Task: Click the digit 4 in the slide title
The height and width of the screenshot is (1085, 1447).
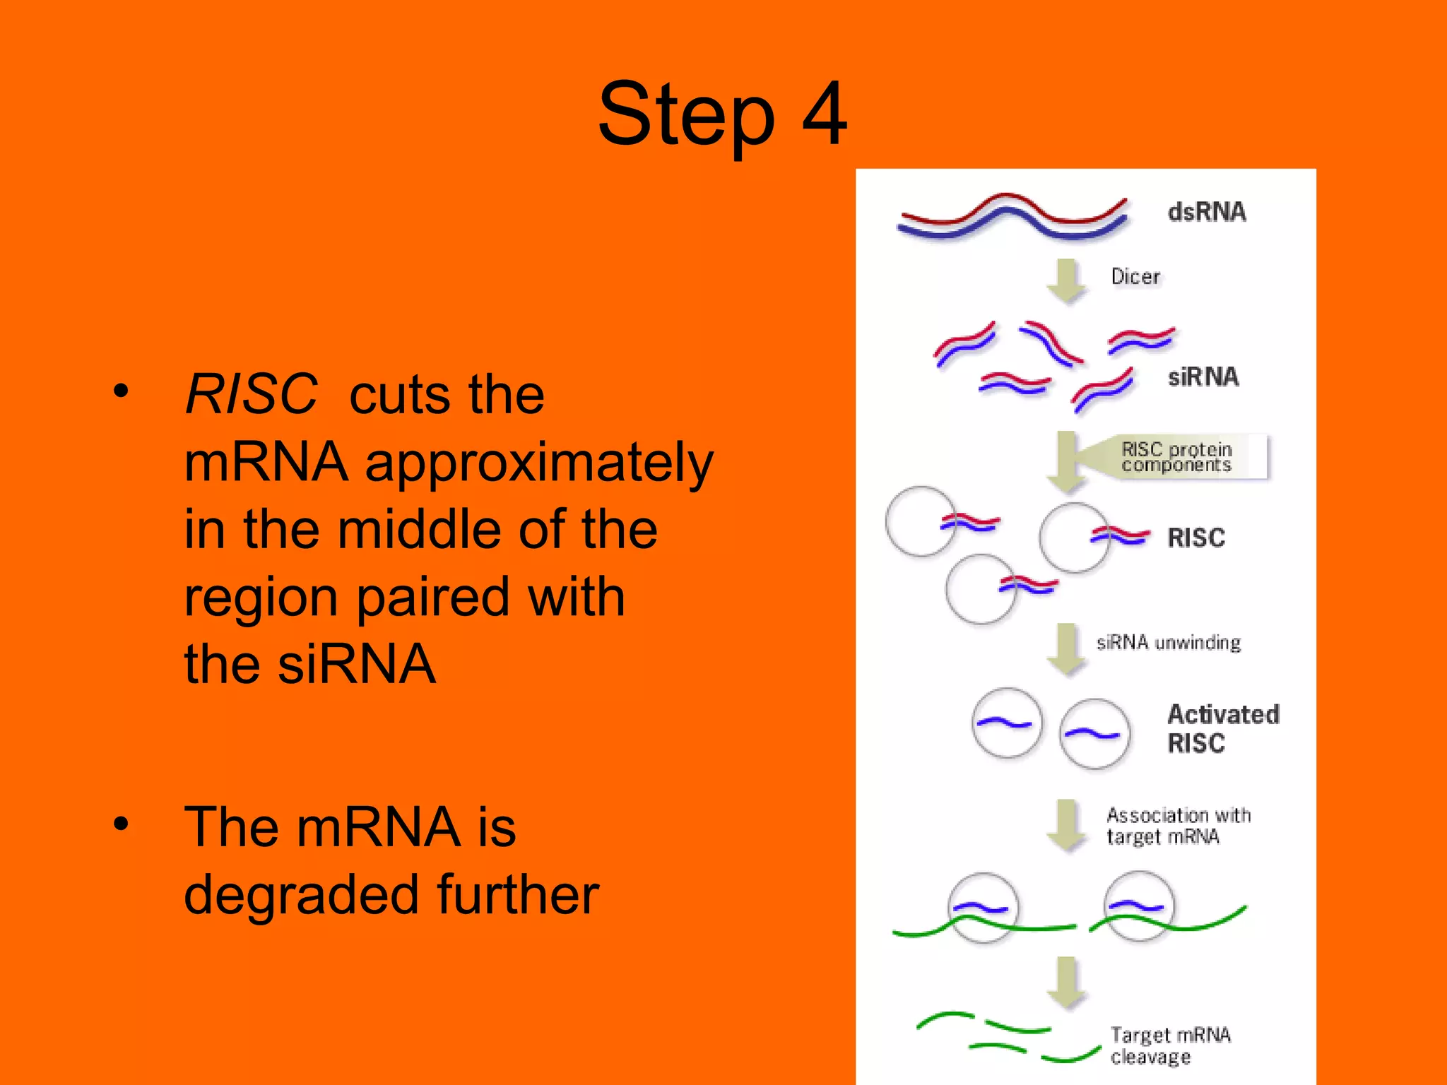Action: (824, 113)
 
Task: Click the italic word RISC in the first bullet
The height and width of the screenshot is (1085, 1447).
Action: (251, 394)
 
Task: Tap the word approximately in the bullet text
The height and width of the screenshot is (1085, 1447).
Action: (538, 463)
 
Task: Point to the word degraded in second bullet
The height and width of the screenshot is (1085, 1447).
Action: (301, 894)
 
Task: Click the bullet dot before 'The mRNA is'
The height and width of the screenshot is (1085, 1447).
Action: (122, 823)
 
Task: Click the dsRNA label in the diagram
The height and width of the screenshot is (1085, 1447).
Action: (1206, 212)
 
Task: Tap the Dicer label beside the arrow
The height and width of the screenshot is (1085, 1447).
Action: (1135, 276)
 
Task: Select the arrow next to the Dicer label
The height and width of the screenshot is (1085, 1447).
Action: (1066, 280)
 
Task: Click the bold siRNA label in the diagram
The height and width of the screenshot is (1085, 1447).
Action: (1203, 377)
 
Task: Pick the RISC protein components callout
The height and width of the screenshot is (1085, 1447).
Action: (1176, 457)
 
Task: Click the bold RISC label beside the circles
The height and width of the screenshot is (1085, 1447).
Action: (1195, 538)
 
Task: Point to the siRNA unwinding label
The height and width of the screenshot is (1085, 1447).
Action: (1168, 642)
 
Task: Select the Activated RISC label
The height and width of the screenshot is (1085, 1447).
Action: (1222, 728)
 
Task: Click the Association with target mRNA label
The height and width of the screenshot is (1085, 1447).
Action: (1177, 826)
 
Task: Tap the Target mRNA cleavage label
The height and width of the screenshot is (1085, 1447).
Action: (1170, 1045)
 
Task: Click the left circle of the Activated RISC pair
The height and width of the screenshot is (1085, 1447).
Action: (1007, 723)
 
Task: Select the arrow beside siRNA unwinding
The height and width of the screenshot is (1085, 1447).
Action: (1066, 648)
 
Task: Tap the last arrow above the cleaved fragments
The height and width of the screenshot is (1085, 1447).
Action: (1066, 982)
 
